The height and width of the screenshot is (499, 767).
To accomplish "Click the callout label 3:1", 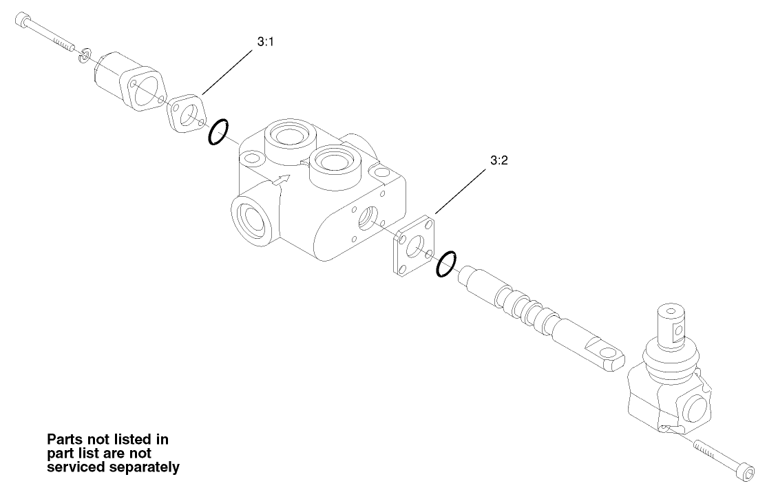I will (x=266, y=42).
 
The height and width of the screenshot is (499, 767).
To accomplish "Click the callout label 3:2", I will (x=498, y=160).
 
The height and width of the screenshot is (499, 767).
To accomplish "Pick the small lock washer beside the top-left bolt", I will (x=83, y=54).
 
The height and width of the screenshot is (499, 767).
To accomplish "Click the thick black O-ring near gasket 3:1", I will (x=218, y=131).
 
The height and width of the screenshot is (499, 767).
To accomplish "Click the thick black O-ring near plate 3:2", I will (x=445, y=264).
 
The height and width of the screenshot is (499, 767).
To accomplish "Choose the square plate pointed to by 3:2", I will (x=413, y=246).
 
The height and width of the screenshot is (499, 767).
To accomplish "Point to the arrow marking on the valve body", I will (x=281, y=180).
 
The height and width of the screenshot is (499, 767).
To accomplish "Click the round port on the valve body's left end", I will (x=249, y=220).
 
